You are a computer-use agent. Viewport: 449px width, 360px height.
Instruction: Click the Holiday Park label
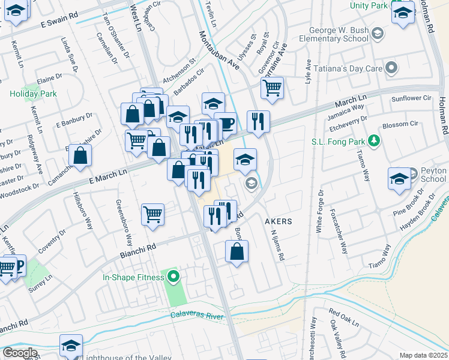tap(32, 94)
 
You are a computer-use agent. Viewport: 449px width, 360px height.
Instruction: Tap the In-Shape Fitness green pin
tap(174, 277)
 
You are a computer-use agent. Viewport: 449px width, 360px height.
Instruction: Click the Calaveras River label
tap(196, 316)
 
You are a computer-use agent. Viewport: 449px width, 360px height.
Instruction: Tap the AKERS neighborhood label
tap(279, 221)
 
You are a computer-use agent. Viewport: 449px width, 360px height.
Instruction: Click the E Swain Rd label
tap(59, 22)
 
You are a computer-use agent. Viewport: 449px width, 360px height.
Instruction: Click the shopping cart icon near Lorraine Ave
tap(273, 88)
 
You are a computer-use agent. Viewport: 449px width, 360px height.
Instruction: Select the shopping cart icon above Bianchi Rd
tap(153, 214)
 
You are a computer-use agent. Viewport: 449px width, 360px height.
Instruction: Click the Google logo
tap(20, 353)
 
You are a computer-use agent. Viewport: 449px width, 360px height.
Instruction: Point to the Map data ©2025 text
tap(423, 355)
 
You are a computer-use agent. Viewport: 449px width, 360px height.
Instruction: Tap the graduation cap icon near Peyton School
tap(400, 179)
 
